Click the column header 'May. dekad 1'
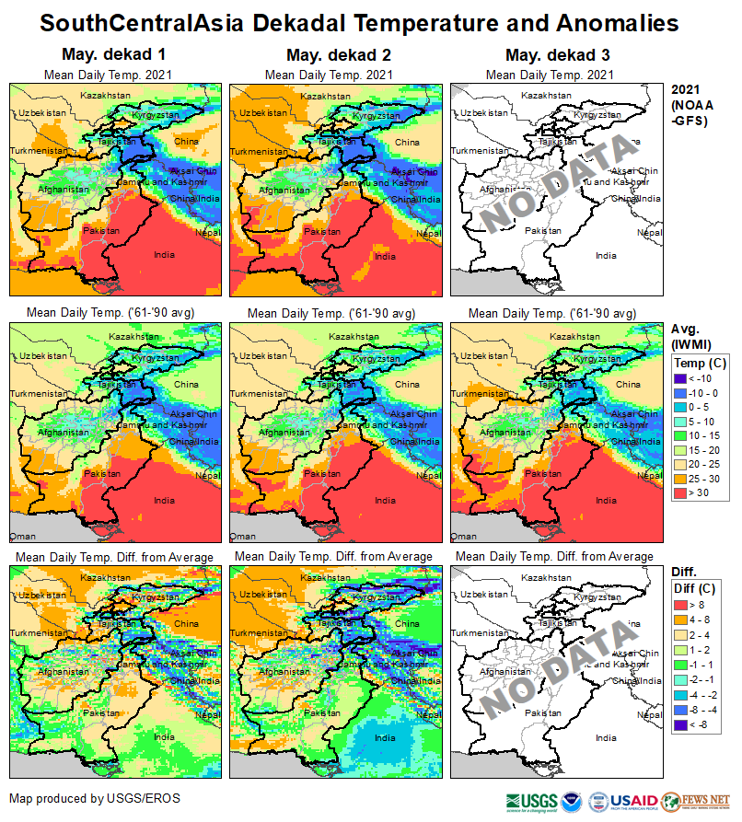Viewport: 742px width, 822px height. pos(115,54)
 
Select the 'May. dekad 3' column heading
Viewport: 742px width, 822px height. pos(557,54)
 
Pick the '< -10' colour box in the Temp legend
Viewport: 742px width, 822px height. pos(682,377)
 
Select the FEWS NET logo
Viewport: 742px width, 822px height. pos(708,801)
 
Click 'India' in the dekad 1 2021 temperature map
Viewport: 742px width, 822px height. pos(164,255)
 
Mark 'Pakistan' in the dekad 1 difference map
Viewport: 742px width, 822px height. pos(102,713)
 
